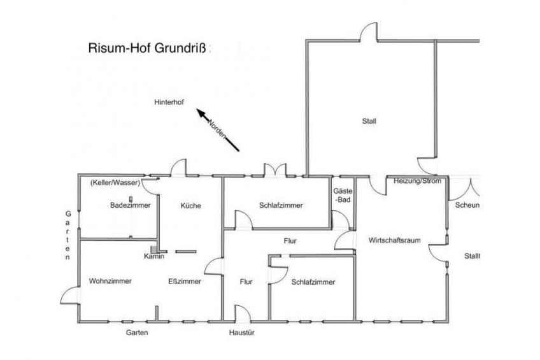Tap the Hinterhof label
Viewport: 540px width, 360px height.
click(x=169, y=103)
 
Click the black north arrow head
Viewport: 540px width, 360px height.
click(x=201, y=113)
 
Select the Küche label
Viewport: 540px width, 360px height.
click(x=191, y=206)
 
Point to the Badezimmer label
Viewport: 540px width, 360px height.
click(x=130, y=205)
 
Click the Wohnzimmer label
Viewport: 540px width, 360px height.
click(x=110, y=281)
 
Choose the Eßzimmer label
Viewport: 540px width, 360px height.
click(x=185, y=282)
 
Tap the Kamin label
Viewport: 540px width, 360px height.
click(x=154, y=256)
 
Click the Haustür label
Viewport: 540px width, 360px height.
click(x=242, y=333)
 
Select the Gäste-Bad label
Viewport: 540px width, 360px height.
click(x=343, y=195)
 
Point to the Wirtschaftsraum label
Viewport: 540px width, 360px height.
click(x=394, y=240)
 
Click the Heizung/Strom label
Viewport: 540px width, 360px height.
click(x=417, y=181)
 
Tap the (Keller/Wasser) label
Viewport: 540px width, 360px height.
click(x=115, y=183)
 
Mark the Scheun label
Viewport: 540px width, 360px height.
click(x=467, y=205)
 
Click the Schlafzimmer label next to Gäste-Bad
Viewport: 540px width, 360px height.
click(x=281, y=205)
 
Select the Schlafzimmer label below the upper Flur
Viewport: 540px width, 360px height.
click(x=313, y=282)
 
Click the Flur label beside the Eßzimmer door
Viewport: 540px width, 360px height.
click(x=246, y=282)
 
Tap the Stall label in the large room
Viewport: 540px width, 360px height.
click(x=369, y=121)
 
